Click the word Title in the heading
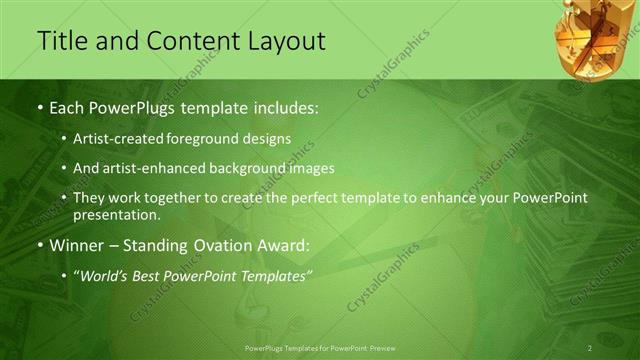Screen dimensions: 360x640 61,41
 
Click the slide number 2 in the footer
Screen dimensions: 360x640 590,348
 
